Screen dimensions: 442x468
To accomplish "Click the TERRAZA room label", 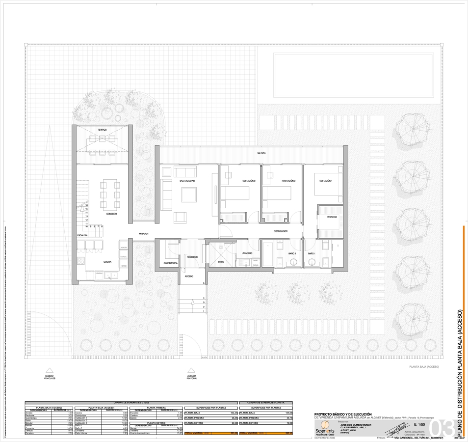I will pyautogui.click(x=102, y=130).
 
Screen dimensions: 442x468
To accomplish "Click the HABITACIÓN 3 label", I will pyautogui.click(x=248, y=181).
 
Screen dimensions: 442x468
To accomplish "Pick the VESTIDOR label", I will pyautogui.click(x=332, y=217).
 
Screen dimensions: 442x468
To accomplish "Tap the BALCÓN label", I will pyautogui.click(x=261, y=153).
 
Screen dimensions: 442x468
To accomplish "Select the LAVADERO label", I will pyautogui.click(x=247, y=253).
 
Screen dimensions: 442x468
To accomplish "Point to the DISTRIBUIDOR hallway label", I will pyautogui.click(x=280, y=231).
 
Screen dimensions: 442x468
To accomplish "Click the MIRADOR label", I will pyautogui.click(x=143, y=234).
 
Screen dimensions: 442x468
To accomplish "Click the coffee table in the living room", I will pyautogui.click(x=189, y=194).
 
